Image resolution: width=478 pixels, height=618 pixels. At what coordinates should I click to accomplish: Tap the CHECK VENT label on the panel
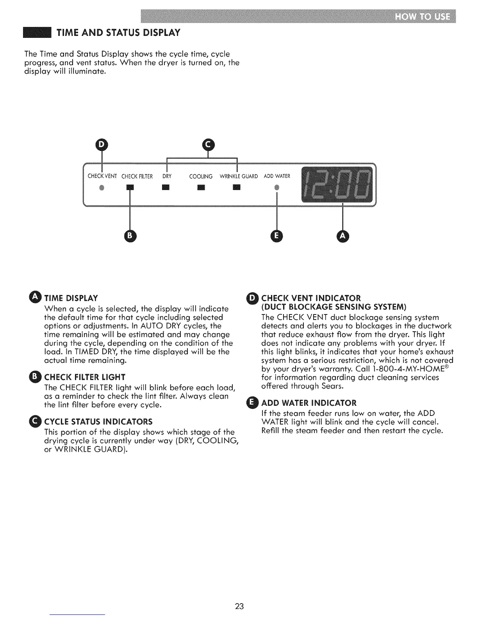(102, 176)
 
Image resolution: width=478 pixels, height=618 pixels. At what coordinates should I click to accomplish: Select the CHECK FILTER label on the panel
(137, 176)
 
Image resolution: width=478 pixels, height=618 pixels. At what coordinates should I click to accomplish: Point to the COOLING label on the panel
(201, 176)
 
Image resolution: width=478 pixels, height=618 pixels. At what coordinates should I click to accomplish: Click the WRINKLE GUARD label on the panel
(239, 176)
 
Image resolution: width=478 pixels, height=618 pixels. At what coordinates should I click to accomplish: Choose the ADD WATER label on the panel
(277, 176)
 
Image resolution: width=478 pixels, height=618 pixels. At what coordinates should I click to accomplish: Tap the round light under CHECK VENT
(102, 188)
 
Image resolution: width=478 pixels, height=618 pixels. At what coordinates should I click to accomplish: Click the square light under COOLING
(201, 188)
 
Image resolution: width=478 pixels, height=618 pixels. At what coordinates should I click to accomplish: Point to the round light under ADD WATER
(276, 188)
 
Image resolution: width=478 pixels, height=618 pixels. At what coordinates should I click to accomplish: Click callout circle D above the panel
(102, 145)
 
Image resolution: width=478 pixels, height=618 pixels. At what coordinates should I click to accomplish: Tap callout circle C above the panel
(208, 145)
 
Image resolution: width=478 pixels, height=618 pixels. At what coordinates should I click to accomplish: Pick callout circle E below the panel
(276, 236)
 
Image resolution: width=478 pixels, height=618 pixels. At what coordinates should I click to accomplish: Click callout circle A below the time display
(342, 236)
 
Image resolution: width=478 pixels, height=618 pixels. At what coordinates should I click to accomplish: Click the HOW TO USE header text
(423, 17)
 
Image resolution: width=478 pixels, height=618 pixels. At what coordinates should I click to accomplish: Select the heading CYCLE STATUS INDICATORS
(98, 422)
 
